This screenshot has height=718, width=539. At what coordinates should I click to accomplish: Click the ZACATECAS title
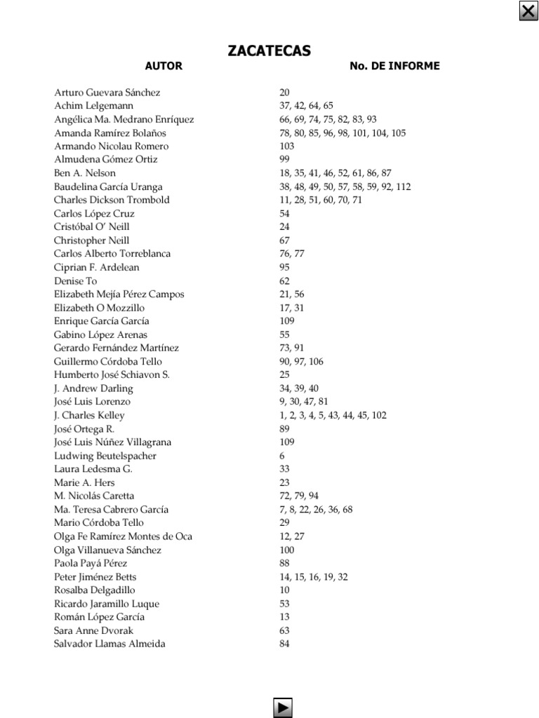pos(269,50)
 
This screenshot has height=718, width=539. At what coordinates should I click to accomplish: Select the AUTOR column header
pos(164,66)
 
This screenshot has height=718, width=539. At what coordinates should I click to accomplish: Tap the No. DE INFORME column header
pos(394,66)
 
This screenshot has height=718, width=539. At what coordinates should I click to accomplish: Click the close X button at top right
pos(528,11)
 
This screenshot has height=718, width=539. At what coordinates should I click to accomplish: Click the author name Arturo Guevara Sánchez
pos(107,93)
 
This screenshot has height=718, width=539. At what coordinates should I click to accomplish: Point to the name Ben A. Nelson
pos(85,173)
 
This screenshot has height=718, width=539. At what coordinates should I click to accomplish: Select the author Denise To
pos(75,280)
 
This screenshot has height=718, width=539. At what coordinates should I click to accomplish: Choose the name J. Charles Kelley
pos(89,415)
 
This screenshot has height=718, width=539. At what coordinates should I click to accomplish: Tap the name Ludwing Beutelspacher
pos(105,456)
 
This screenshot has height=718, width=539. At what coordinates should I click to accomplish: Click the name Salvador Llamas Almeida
pos(109,644)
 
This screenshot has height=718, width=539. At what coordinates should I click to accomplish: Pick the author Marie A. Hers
pos(84,482)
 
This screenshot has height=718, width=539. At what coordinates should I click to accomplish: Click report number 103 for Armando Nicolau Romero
pos(286,147)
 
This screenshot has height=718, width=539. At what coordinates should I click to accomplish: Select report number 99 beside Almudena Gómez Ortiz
pos(284,160)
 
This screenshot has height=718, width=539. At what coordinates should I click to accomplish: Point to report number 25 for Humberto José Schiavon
pos(284,375)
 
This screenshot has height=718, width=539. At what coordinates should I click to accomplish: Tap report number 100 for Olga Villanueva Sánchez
pos(286,550)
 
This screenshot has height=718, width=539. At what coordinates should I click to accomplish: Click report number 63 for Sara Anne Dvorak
pos(284,630)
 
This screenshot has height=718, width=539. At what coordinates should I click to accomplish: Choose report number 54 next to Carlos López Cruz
pos(284,214)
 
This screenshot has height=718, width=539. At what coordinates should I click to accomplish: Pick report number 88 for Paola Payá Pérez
pos(284,563)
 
